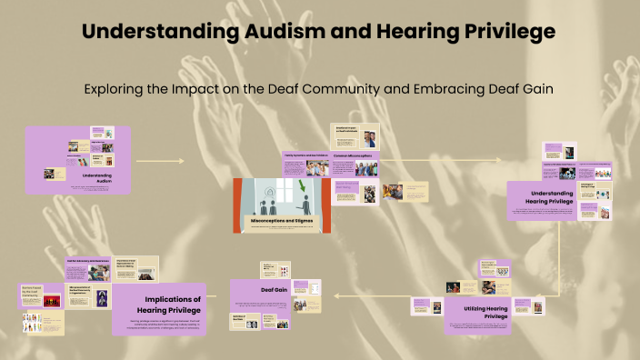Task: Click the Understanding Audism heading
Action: pyautogui.click(x=102, y=176)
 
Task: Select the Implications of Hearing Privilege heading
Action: pyautogui.click(x=173, y=304)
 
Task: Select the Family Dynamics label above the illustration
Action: pyautogui.click(x=304, y=155)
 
